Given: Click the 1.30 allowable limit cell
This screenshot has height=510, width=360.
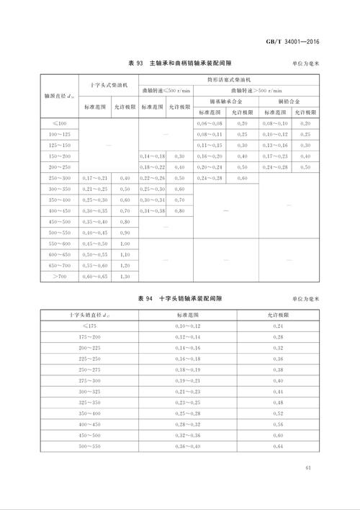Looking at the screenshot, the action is pos(124,276).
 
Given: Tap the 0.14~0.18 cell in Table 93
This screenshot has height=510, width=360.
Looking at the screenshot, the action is pos(152,156).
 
